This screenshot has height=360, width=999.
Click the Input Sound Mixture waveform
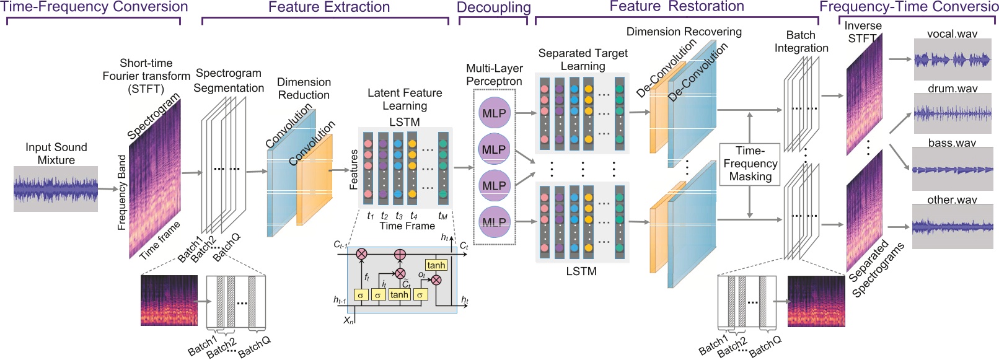(x=56, y=189)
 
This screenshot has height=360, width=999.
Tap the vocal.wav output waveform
(x=953, y=59)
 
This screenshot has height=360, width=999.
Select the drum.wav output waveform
(x=953, y=113)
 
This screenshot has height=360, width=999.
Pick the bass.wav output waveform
(x=953, y=169)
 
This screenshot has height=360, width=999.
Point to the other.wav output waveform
(x=953, y=227)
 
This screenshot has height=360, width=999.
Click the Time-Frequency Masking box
(x=750, y=164)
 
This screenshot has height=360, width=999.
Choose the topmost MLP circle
(x=494, y=113)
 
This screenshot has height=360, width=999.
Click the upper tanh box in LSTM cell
(x=436, y=265)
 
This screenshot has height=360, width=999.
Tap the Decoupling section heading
(x=493, y=7)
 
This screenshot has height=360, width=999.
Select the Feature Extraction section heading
(x=328, y=7)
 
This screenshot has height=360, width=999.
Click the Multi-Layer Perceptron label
(x=494, y=74)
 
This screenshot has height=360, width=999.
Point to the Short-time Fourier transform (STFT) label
(x=146, y=76)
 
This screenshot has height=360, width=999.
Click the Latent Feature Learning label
(x=405, y=99)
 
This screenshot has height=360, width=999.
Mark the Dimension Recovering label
(x=684, y=32)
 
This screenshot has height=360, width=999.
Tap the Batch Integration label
(x=801, y=42)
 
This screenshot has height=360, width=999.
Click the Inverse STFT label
(x=863, y=32)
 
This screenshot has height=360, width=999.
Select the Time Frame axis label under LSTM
(x=407, y=226)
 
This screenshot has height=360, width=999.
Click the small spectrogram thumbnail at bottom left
(x=169, y=301)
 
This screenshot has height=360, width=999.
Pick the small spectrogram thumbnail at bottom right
(x=816, y=301)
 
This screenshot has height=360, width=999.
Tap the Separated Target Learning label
(x=583, y=59)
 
